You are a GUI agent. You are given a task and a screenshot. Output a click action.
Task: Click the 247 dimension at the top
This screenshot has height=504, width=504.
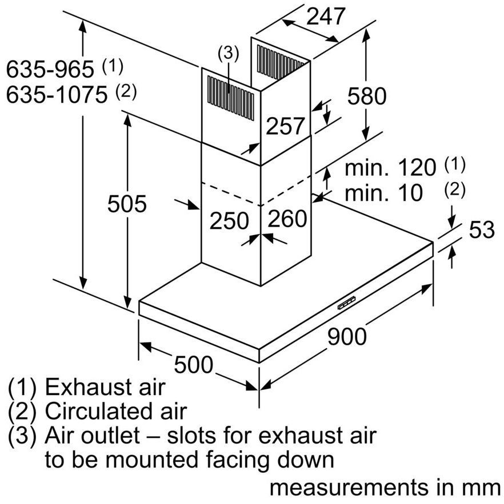(326, 17)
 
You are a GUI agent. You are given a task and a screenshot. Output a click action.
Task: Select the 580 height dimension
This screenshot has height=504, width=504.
(367, 95)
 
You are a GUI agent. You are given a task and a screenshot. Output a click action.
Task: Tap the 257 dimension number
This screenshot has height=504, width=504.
(285, 126)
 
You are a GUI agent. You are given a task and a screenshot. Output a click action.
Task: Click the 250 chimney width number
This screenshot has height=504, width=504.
(229, 220)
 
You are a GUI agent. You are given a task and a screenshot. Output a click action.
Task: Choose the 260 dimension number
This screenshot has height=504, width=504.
(287, 219)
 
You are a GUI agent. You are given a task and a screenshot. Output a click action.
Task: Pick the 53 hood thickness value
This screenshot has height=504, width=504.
(482, 229)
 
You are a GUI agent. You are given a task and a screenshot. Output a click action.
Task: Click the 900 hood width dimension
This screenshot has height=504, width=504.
(347, 337)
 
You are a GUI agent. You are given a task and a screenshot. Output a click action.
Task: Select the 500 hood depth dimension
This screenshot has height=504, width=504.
(193, 365)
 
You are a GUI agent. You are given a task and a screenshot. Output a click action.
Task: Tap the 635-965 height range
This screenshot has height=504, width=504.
(50, 69)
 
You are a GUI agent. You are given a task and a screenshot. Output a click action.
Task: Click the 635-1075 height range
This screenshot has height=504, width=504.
(57, 95)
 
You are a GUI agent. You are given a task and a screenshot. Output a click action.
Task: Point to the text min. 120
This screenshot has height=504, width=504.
(390, 167)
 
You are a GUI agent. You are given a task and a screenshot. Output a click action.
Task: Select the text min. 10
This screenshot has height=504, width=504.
(383, 192)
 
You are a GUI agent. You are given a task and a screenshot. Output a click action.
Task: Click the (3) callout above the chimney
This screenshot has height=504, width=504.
(228, 53)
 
